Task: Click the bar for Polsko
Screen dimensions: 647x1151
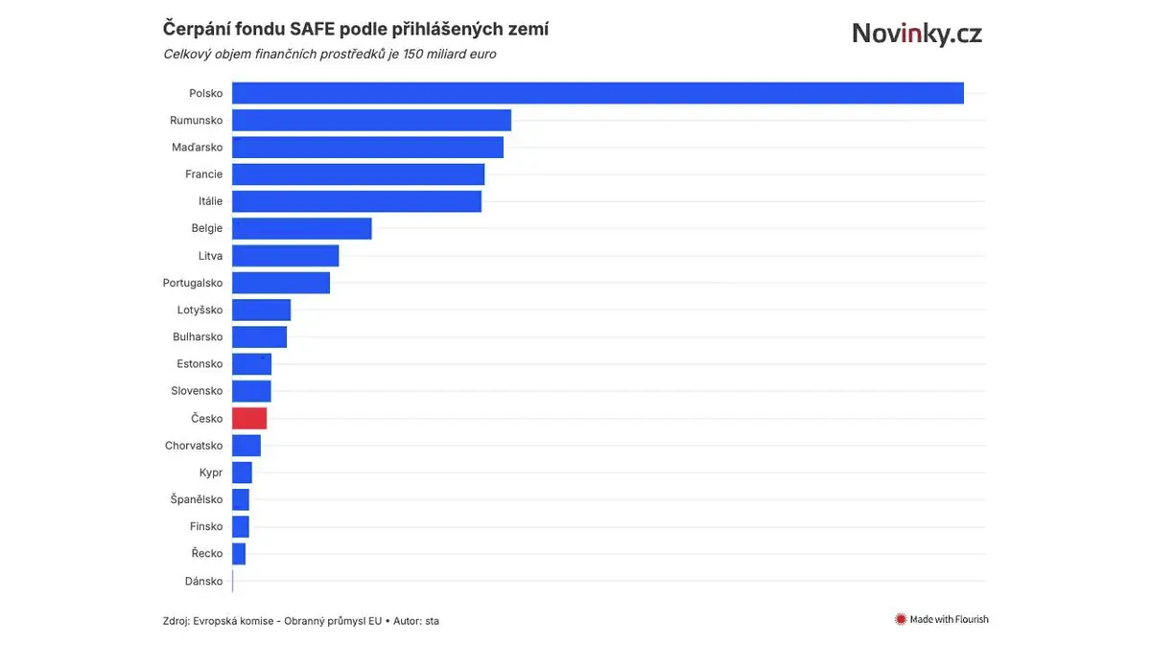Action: click(x=598, y=93)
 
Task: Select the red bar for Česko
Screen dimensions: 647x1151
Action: click(x=249, y=418)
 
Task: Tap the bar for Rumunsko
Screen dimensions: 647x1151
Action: click(x=371, y=120)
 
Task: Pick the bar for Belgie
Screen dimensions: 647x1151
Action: click(x=301, y=228)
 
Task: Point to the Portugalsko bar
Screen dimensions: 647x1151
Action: click(x=281, y=283)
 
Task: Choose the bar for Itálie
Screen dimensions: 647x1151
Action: click(x=357, y=201)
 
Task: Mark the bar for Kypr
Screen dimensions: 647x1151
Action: click(x=242, y=473)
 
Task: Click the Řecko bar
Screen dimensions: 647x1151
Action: click(x=239, y=553)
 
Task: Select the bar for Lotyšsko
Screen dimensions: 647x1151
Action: click(x=261, y=310)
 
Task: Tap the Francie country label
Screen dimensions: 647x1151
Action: click(x=203, y=174)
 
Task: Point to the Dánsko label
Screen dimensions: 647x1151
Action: click(x=203, y=581)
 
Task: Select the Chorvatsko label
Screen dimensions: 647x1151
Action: click(x=194, y=446)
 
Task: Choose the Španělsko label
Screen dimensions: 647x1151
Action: click(x=197, y=499)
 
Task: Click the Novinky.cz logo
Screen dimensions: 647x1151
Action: click(x=917, y=35)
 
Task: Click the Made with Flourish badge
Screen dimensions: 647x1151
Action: click(x=941, y=619)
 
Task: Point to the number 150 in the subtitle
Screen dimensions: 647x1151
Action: click(x=379, y=54)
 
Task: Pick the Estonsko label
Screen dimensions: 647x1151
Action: click(x=200, y=364)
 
